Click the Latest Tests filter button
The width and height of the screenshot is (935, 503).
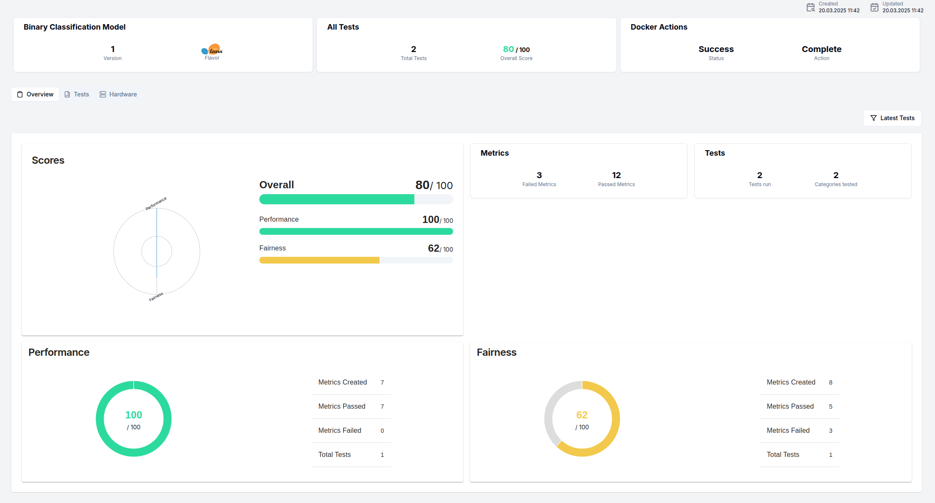point(892,118)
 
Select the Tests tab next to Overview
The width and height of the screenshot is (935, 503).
point(77,94)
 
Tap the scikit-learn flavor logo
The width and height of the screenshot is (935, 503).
point(212,50)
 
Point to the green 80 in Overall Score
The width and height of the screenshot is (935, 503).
point(508,49)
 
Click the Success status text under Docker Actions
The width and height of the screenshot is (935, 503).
point(716,49)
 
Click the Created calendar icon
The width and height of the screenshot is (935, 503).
point(810,7)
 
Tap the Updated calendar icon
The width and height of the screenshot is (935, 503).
point(874,7)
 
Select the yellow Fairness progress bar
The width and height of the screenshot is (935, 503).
point(319,260)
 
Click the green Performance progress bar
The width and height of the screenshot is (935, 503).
point(356,231)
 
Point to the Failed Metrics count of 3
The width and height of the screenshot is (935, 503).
point(539,175)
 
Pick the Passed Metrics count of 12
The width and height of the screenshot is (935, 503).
point(616,175)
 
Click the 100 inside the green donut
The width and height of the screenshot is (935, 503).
point(134,415)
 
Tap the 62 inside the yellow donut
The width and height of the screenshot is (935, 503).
point(582,415)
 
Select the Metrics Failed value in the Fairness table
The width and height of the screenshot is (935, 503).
point(830,431)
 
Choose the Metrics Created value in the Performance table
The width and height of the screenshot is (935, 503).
point(382,382)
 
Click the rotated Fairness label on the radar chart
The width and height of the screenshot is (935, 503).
point(156,297)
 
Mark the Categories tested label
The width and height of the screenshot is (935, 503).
point(836,184)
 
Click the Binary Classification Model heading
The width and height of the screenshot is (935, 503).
point(74,27)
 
